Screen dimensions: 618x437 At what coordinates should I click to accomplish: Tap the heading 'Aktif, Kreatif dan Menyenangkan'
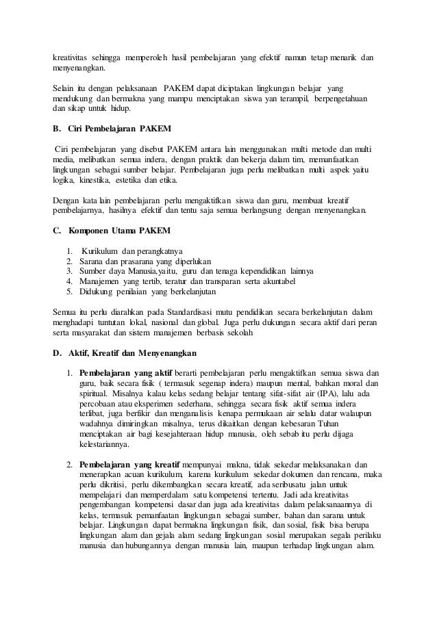click(x=132, y=353)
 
